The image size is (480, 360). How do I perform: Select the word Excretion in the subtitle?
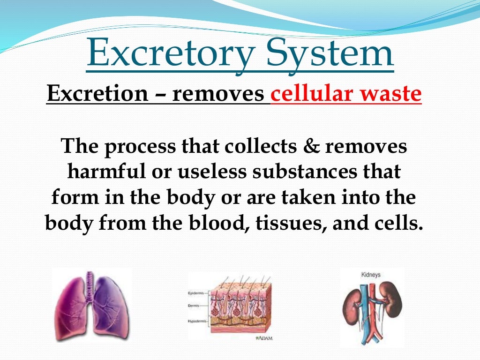97,95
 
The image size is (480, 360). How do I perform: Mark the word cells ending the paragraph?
396,223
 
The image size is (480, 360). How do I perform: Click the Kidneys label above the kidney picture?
371,275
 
